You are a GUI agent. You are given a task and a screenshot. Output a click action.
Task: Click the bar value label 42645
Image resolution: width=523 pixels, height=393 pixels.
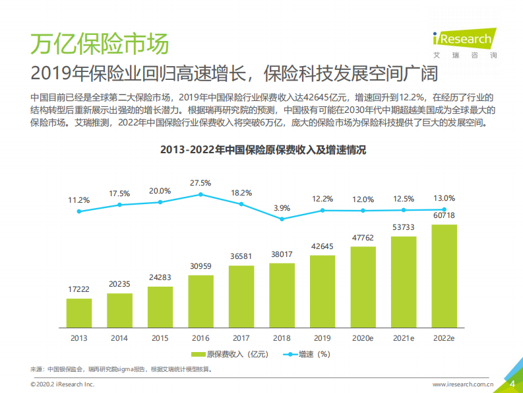(323, 247)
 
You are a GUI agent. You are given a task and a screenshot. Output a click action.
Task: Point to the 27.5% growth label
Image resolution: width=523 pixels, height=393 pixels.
(200, 182)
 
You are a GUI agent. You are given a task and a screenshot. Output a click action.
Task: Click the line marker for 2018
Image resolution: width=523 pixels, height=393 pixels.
(282, 219)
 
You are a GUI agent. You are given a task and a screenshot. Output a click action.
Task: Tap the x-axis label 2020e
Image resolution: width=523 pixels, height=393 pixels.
(363, 338)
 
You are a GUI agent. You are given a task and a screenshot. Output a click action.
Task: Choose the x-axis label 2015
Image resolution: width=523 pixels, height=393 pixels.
(160, 338)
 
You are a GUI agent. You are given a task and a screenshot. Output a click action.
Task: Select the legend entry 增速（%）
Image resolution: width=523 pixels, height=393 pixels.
(307, 355)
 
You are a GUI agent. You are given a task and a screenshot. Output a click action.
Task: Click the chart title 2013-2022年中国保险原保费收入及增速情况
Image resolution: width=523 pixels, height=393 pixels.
(262, 150)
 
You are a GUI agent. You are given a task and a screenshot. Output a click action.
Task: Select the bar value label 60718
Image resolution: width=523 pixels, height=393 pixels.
(444, 215)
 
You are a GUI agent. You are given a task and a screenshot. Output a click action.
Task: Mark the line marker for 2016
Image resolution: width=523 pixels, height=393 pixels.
(200, 195)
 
